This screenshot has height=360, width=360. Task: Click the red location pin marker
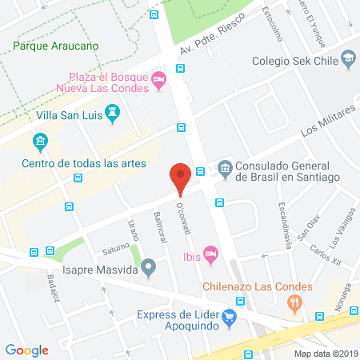coord(181,179)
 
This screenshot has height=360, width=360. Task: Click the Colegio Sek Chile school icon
coord(348,58)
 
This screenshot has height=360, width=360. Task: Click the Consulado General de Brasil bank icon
coord(225,168)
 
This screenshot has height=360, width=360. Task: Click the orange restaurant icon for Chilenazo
coord(295,303)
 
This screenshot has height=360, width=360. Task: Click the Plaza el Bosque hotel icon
coord(159,78)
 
